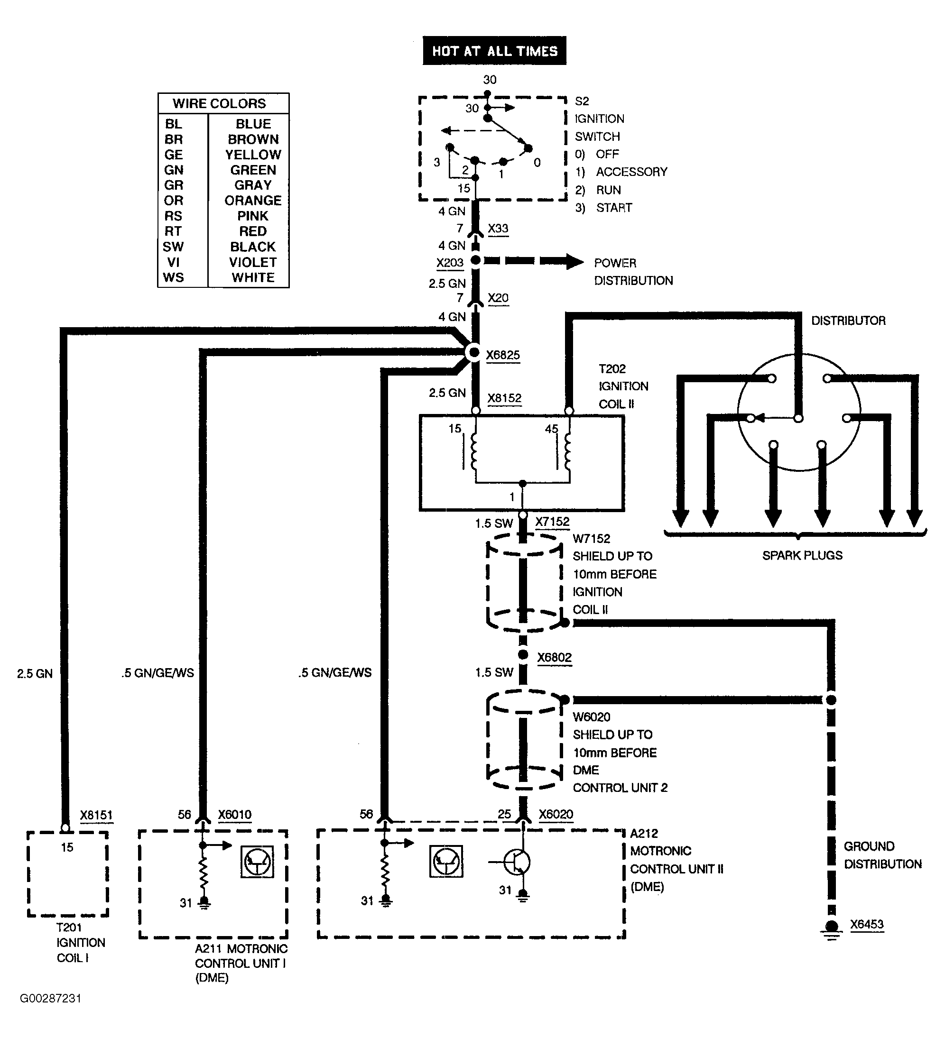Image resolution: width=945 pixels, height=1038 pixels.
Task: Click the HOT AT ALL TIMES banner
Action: tap(494, 50)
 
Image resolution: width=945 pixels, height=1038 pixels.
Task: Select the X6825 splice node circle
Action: tap(473, 353)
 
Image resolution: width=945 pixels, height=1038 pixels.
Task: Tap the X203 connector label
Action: tap(450, 263)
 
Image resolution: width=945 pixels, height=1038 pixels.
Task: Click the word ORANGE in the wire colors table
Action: tap(253, 200)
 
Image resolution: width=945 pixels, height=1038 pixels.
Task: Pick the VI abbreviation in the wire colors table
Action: tap(173, 262)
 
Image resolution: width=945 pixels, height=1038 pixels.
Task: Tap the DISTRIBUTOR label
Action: tap(848, 320)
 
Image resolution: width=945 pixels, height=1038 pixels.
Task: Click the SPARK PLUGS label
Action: tap(802, 555)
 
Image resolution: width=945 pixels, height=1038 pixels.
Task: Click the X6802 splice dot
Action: tap(523, 654)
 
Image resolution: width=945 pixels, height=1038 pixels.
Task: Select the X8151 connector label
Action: tap(96, 815)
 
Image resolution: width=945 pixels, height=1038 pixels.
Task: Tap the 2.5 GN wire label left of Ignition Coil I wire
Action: tap(35, 673)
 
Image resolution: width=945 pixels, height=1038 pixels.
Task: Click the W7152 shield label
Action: tap(591, 539)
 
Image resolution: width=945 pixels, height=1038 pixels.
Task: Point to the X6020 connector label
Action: tap(556, 814)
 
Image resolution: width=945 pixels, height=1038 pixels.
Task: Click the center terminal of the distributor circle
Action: tap(798, 418)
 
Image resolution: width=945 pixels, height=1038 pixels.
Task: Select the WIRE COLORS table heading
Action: tap(219, 103)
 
